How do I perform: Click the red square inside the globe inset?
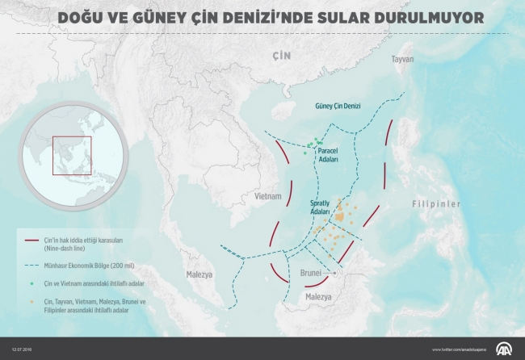(x=73, y=156)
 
